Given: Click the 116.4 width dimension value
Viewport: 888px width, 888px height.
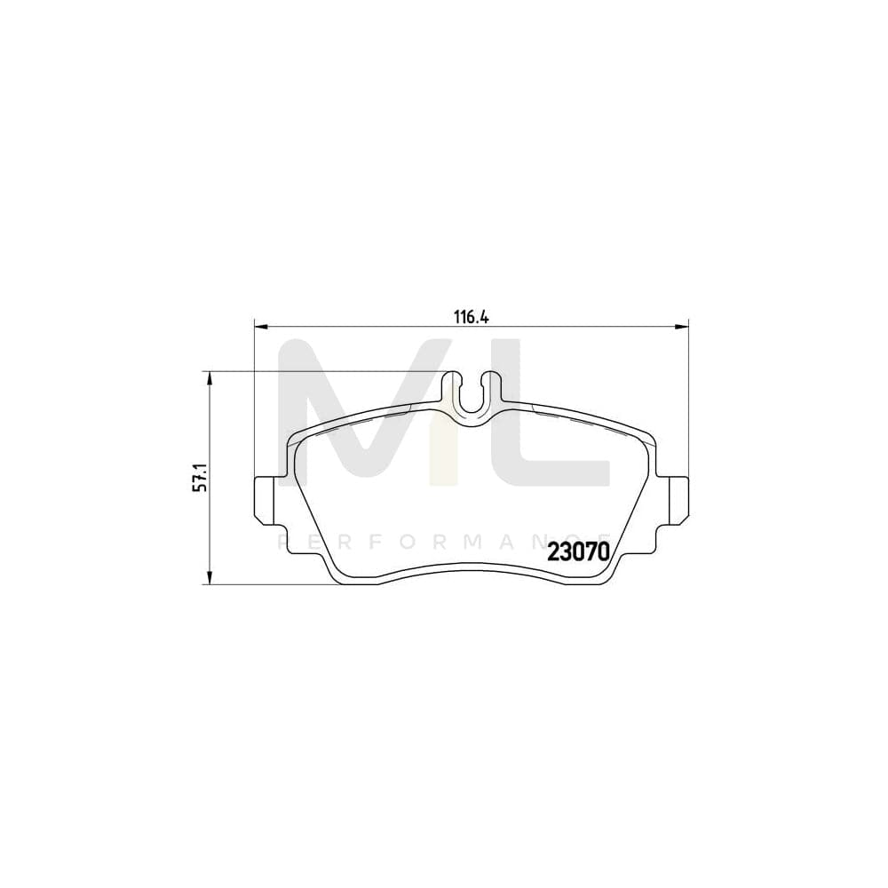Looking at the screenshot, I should (x=472, y=316).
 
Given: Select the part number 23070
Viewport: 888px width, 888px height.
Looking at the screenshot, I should (x=578, y=551).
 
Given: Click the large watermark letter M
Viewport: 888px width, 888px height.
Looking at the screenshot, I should (x=355, y=413).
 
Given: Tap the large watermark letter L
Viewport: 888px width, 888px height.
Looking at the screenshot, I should (x=551, y=417).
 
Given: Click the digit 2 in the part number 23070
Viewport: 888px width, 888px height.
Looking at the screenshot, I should (x=555, y=551).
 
